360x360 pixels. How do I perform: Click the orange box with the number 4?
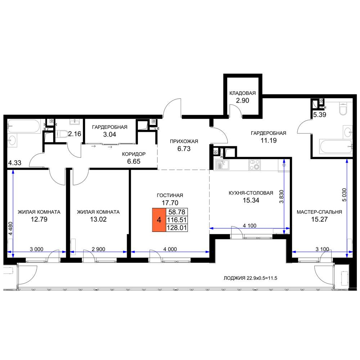tap(159, 220)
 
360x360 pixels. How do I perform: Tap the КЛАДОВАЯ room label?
tap(242, 93)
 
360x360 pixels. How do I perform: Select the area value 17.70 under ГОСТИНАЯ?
tap(170, 203)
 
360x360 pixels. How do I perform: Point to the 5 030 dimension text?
tap(344, 195)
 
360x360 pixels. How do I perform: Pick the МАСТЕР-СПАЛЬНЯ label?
tap(319, 212)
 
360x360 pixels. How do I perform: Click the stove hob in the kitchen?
tap(255, 165)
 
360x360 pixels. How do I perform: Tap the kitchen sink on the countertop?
tap(222, 165)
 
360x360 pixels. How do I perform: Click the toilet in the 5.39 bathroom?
tap(343, 109)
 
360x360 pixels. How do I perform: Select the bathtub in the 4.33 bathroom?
tap(24, 126)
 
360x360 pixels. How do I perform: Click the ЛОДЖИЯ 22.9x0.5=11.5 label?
tap(250, 278)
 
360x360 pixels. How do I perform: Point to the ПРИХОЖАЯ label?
tap(184, 141)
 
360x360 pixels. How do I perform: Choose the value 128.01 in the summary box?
tap(177, 228)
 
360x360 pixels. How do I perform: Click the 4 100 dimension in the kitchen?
tap(249, 226)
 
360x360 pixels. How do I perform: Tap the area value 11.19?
tap(269, 140)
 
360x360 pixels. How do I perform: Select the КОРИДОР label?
tap(134, 154)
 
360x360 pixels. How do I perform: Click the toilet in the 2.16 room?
tap(62, 134)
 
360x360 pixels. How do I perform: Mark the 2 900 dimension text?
tap(99, 249)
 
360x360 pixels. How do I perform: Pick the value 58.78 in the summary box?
tap(177, 212)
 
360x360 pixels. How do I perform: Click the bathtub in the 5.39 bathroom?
tap(336, 147)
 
